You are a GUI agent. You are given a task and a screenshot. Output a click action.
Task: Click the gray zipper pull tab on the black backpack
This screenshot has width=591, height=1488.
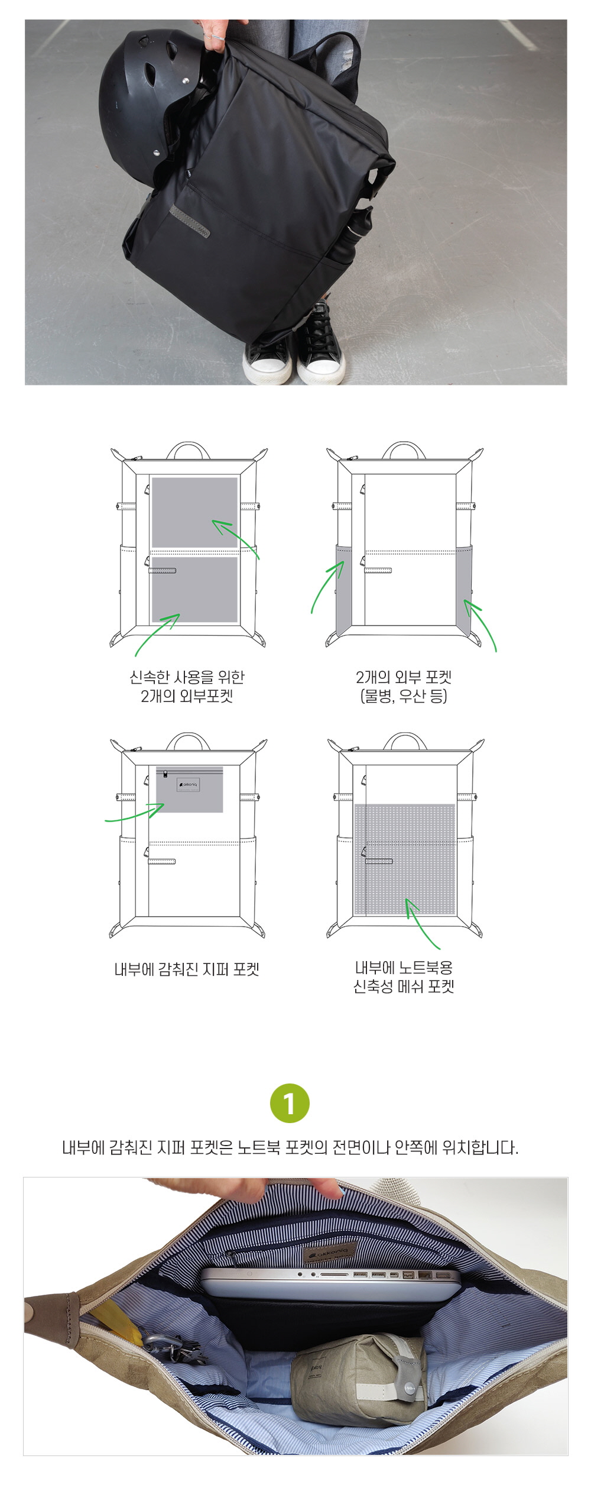(189, 222)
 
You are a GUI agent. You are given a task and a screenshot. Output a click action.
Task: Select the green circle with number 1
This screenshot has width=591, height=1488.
(290, 1103)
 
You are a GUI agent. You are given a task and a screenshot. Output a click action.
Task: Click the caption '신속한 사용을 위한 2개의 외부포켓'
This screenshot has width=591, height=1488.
(187, 686)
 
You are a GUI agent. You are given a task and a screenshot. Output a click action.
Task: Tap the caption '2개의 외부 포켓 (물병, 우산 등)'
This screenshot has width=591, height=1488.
(404, 686)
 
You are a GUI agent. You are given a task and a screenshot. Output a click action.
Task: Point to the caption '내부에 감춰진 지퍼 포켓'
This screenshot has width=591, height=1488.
(187, 969)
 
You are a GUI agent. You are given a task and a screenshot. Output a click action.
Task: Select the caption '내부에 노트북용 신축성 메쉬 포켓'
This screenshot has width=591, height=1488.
(404, 977)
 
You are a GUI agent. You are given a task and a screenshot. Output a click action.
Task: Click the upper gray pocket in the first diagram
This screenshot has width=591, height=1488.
(195, 512)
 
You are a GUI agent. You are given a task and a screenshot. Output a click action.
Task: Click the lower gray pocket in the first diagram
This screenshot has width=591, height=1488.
(195, 589)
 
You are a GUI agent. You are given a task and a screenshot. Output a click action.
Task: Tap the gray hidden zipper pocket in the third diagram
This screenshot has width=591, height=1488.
(190, 790)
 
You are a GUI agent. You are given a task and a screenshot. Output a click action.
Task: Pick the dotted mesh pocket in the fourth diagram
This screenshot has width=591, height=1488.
(404, 859)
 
